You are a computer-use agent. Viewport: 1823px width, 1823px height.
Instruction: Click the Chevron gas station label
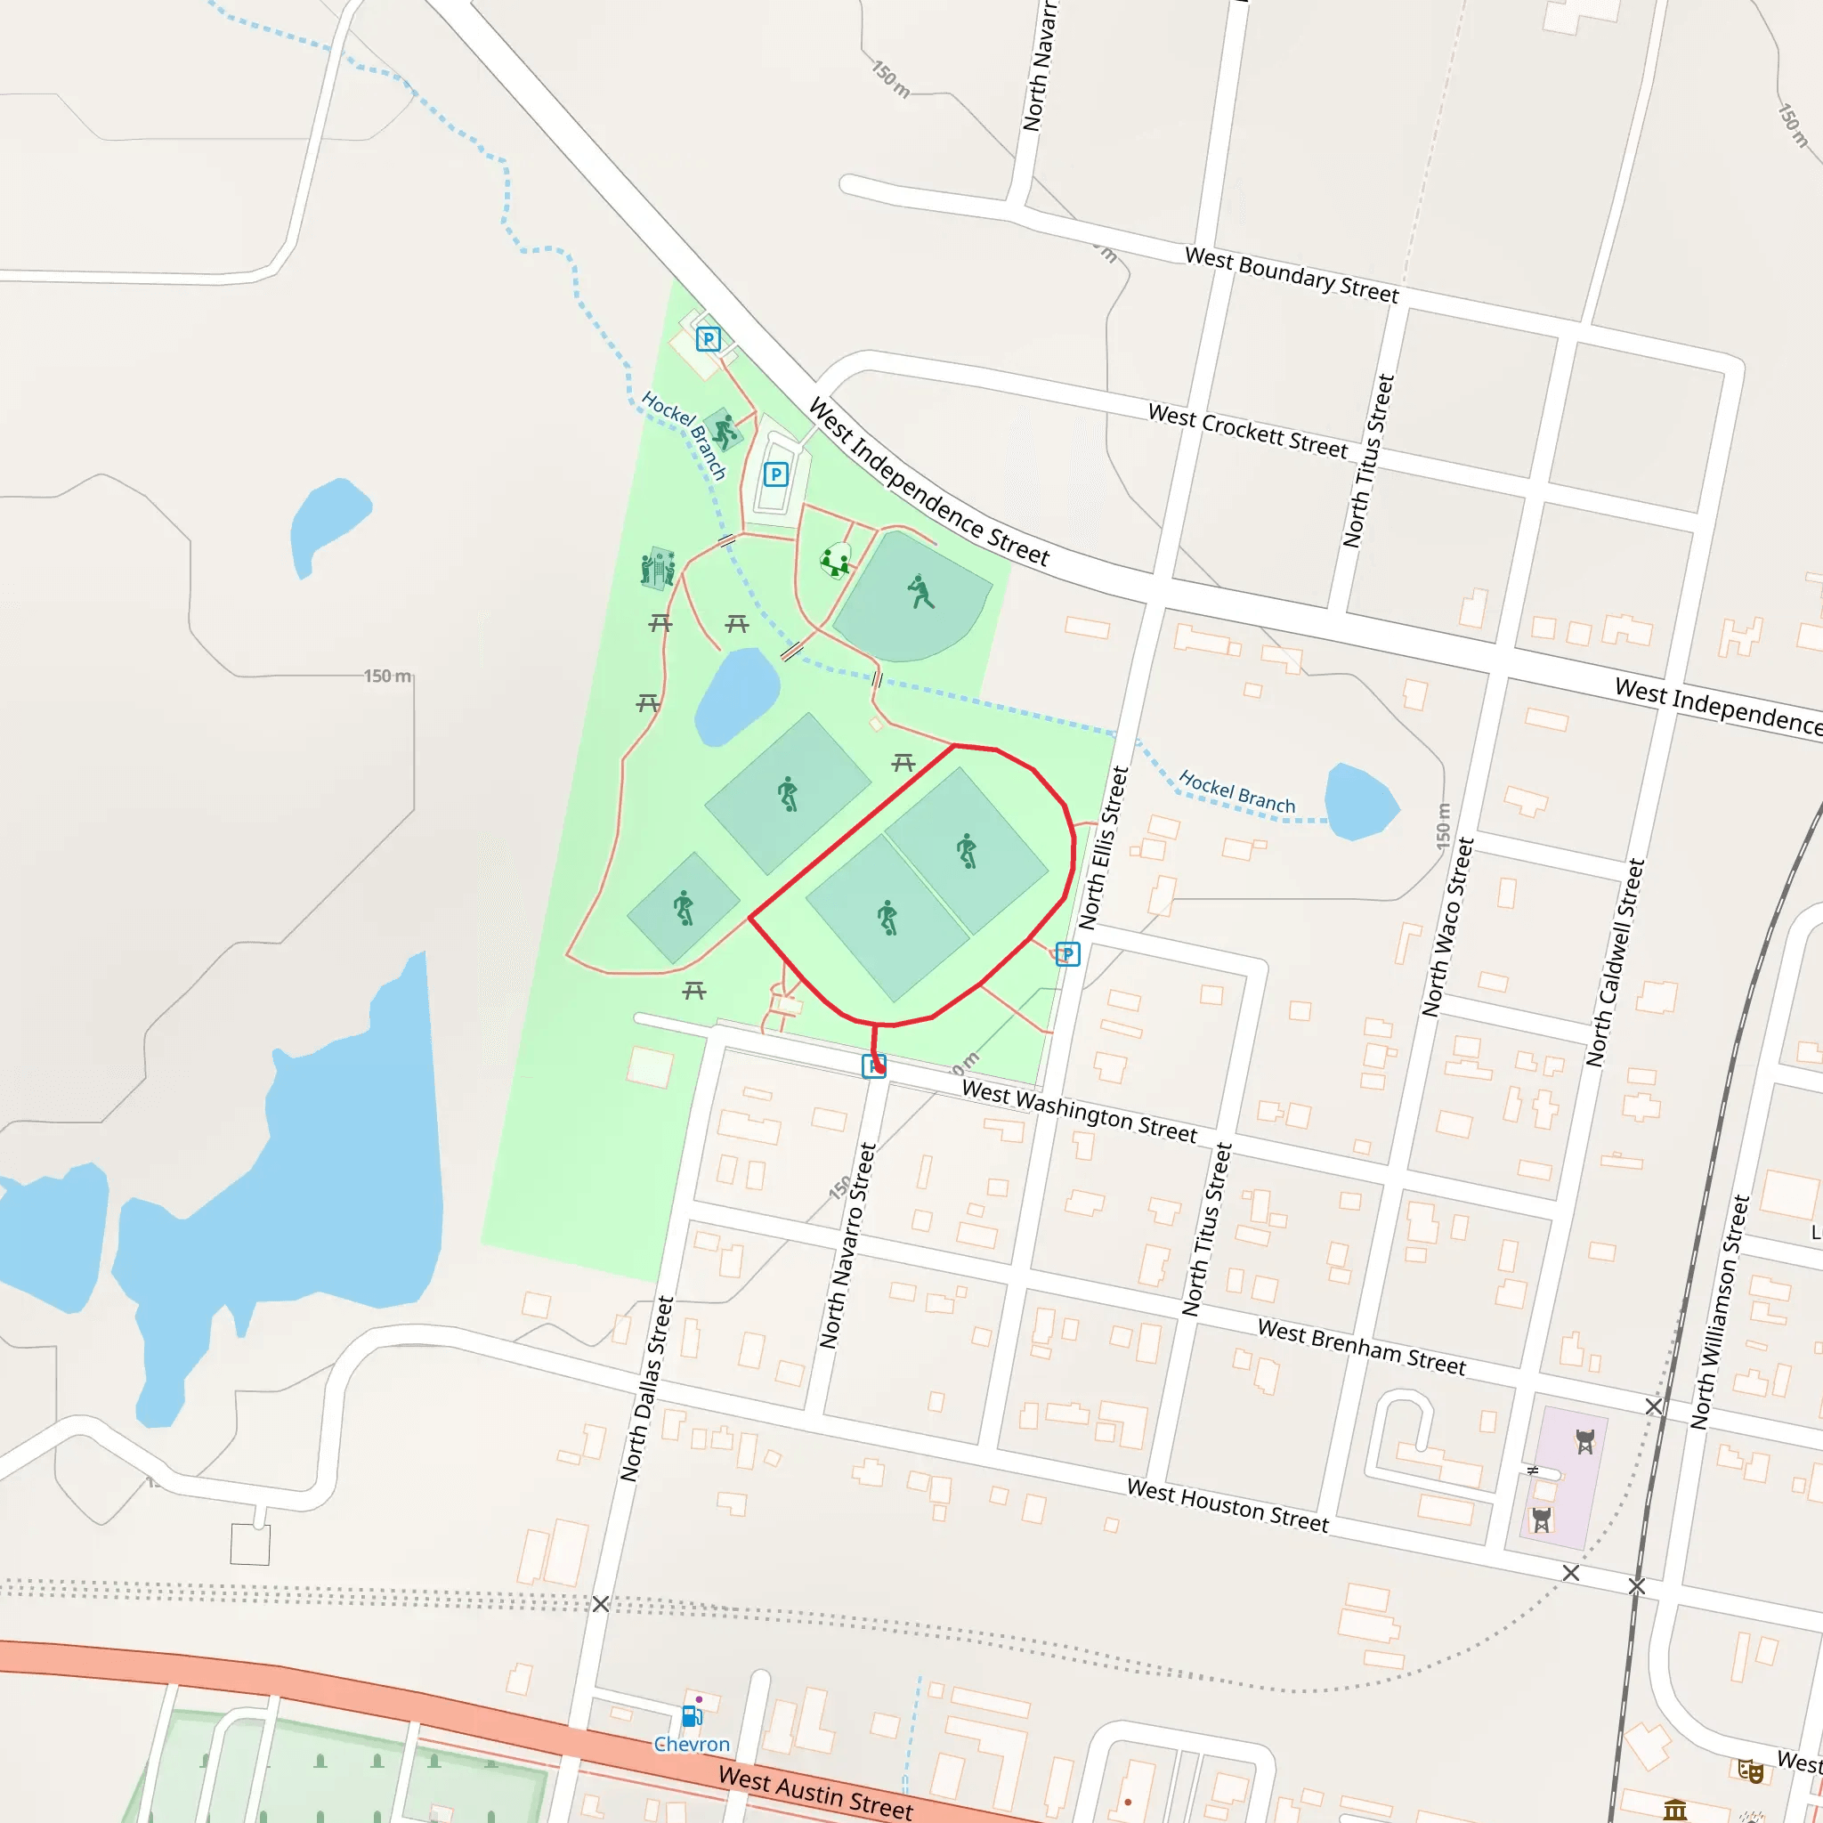[x=692, y=1745]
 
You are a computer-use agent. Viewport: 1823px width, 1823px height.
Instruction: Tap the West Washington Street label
[x=1079, y=1111]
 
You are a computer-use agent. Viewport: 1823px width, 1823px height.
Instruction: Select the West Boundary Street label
[x=1291, y=274]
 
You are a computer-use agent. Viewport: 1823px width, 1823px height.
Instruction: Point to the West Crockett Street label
[x=1247, y=430]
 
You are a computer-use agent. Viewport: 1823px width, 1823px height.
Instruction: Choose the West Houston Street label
[x=1227, y=1505]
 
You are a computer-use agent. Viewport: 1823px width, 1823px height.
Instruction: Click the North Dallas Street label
[x=646, y=1389]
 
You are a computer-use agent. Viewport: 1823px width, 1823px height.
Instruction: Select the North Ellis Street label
[x=1103, y=847]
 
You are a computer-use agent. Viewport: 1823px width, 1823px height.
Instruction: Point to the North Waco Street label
[x=1447, y=927]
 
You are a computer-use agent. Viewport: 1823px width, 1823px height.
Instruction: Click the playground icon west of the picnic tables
[x=658, y=568]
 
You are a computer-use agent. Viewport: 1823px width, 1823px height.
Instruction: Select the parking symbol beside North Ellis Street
[x=1067, y=954]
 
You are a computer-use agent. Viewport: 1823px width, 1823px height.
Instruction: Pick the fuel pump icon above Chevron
[x=692, y=1714]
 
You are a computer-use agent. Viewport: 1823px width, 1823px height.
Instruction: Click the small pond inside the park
[x=737, y=695]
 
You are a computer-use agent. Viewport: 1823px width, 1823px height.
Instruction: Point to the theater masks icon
[x=1750, y=1771]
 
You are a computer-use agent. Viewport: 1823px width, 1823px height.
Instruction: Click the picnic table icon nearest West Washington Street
[x=694, y=990]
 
